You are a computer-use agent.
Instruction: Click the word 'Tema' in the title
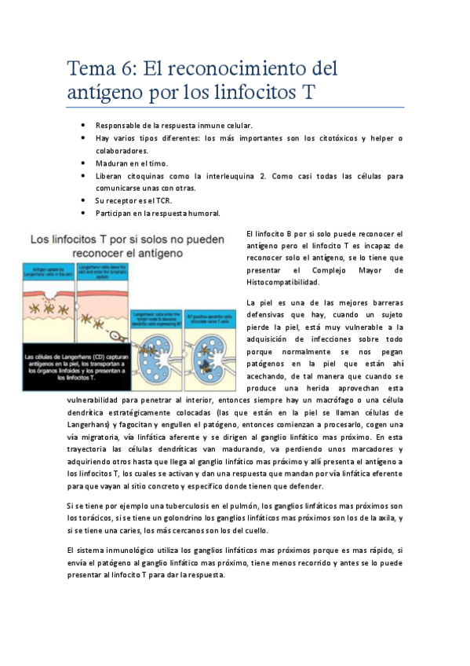click(x=90, y=68)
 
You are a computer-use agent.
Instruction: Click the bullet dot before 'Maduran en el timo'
click(x=83, y=163)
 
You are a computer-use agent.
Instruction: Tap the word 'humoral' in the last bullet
click(x=204, y=213)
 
